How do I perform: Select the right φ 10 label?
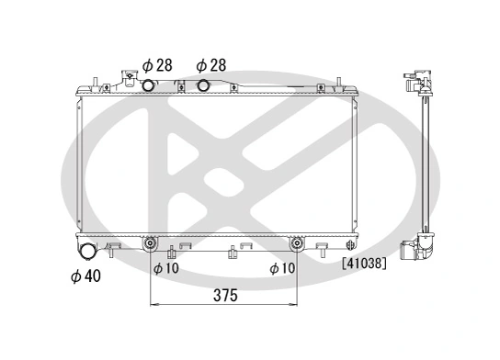click(282, 268)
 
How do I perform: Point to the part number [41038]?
click(363, 262)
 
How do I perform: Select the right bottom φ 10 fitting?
click(298, 244)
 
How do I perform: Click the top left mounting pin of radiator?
click(94, 84)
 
